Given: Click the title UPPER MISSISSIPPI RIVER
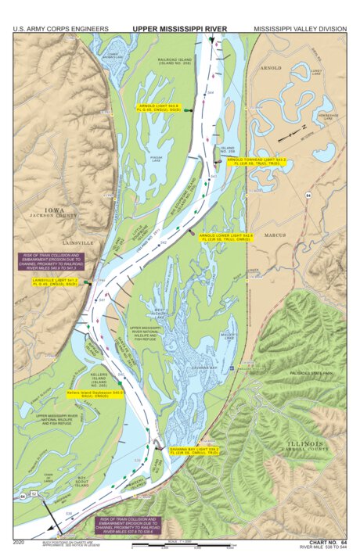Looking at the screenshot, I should [179, 28].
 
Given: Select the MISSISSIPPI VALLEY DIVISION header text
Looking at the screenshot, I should [300, 28].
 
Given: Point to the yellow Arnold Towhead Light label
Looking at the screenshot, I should [257, 161].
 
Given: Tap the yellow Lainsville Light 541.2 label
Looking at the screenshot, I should [55, 282].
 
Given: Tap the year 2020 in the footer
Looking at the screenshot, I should [20, 541].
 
